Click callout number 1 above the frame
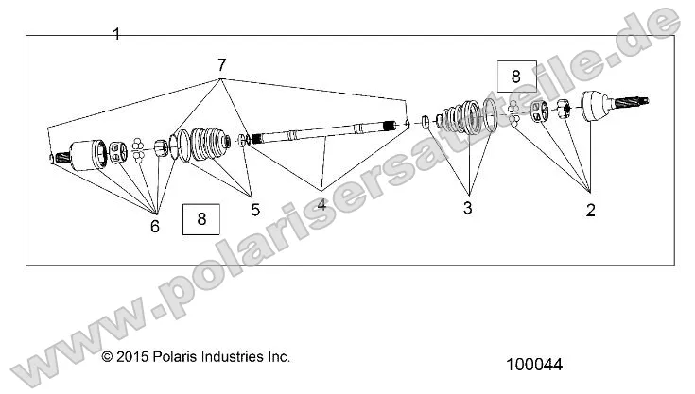pyautogui.click(x=115, y=34)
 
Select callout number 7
pyautogui.click(x=221, y=65)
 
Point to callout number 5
pyautogui.click(x=253, y=210)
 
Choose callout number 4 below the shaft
pyautogui.click(x=321, y=204)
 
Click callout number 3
pyautogui.click(x=467, y=208)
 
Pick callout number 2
pyautogui.click(x=590, y=211)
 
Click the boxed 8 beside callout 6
pyautogui.click(x=200, y=219)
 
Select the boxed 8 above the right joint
pyautogui.click(x=515, y=75)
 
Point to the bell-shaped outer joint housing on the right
pyautogui.click(x=601, y=107)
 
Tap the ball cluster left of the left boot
pyautogui.click(x=138, y=146)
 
